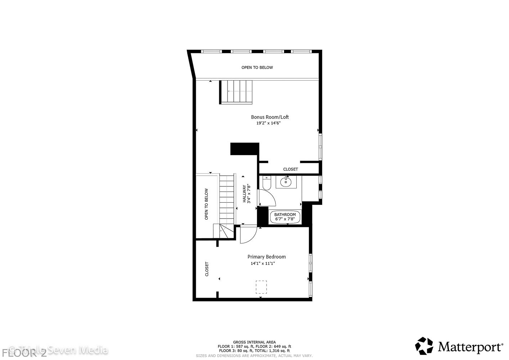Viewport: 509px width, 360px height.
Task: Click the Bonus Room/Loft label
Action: tap(270, 117)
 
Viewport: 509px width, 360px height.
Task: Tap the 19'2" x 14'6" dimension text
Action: tap(268, 123)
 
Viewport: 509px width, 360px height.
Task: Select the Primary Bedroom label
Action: tap(266, 257)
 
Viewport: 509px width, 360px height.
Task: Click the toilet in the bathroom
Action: tap(266, 183)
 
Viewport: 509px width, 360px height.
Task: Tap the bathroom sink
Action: tap(286, 182)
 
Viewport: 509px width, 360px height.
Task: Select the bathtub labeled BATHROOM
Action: tap(285, 217)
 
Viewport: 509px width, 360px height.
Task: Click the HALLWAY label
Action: tap(244, 194)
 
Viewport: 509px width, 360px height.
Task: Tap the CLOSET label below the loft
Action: tap(290, 169)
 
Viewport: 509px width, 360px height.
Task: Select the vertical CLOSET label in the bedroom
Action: tap(207, 269)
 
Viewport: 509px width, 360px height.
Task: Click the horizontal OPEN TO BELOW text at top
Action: tap(257, 67)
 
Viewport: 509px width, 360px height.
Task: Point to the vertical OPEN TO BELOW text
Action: tap(207, 204)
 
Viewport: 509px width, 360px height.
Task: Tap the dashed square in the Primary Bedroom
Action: tap(261, 287)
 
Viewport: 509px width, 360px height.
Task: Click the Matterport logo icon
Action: tap(424, 346)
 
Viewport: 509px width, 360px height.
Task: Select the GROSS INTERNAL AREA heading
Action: tap(254, 342)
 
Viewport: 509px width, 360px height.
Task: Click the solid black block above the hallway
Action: tap(245, 149)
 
